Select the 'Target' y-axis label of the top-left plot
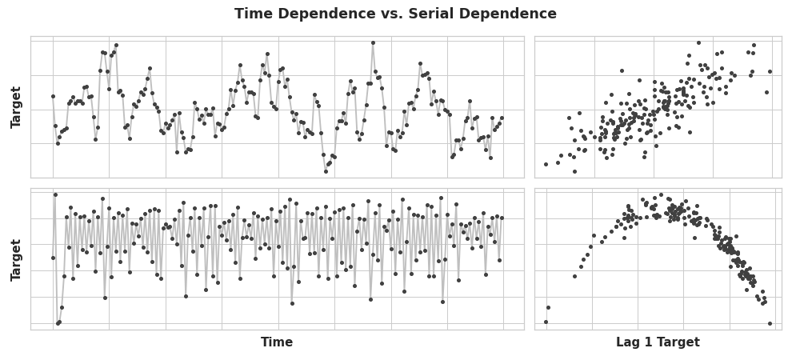[x=16, y=107]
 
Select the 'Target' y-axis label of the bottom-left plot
[x=16, y=260]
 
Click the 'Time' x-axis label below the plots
[x=277, y=342]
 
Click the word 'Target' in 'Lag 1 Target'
[x=679, y=342]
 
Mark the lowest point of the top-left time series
[x=326, y=171]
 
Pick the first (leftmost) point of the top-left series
[x=53, y=96]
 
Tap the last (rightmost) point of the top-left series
[x=502, y=118]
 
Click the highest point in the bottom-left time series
[x=55, y=194]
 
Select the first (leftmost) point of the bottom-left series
[x=53, y=258]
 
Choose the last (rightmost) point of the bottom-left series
[x=502, y=218]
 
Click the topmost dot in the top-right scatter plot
[x=698, y=43]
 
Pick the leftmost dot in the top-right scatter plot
[x=546, y=164]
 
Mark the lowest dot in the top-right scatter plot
[x=574, y=171]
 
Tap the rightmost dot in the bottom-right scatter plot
[x=770, y=323]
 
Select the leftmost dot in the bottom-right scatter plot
[x=546, y=322]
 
